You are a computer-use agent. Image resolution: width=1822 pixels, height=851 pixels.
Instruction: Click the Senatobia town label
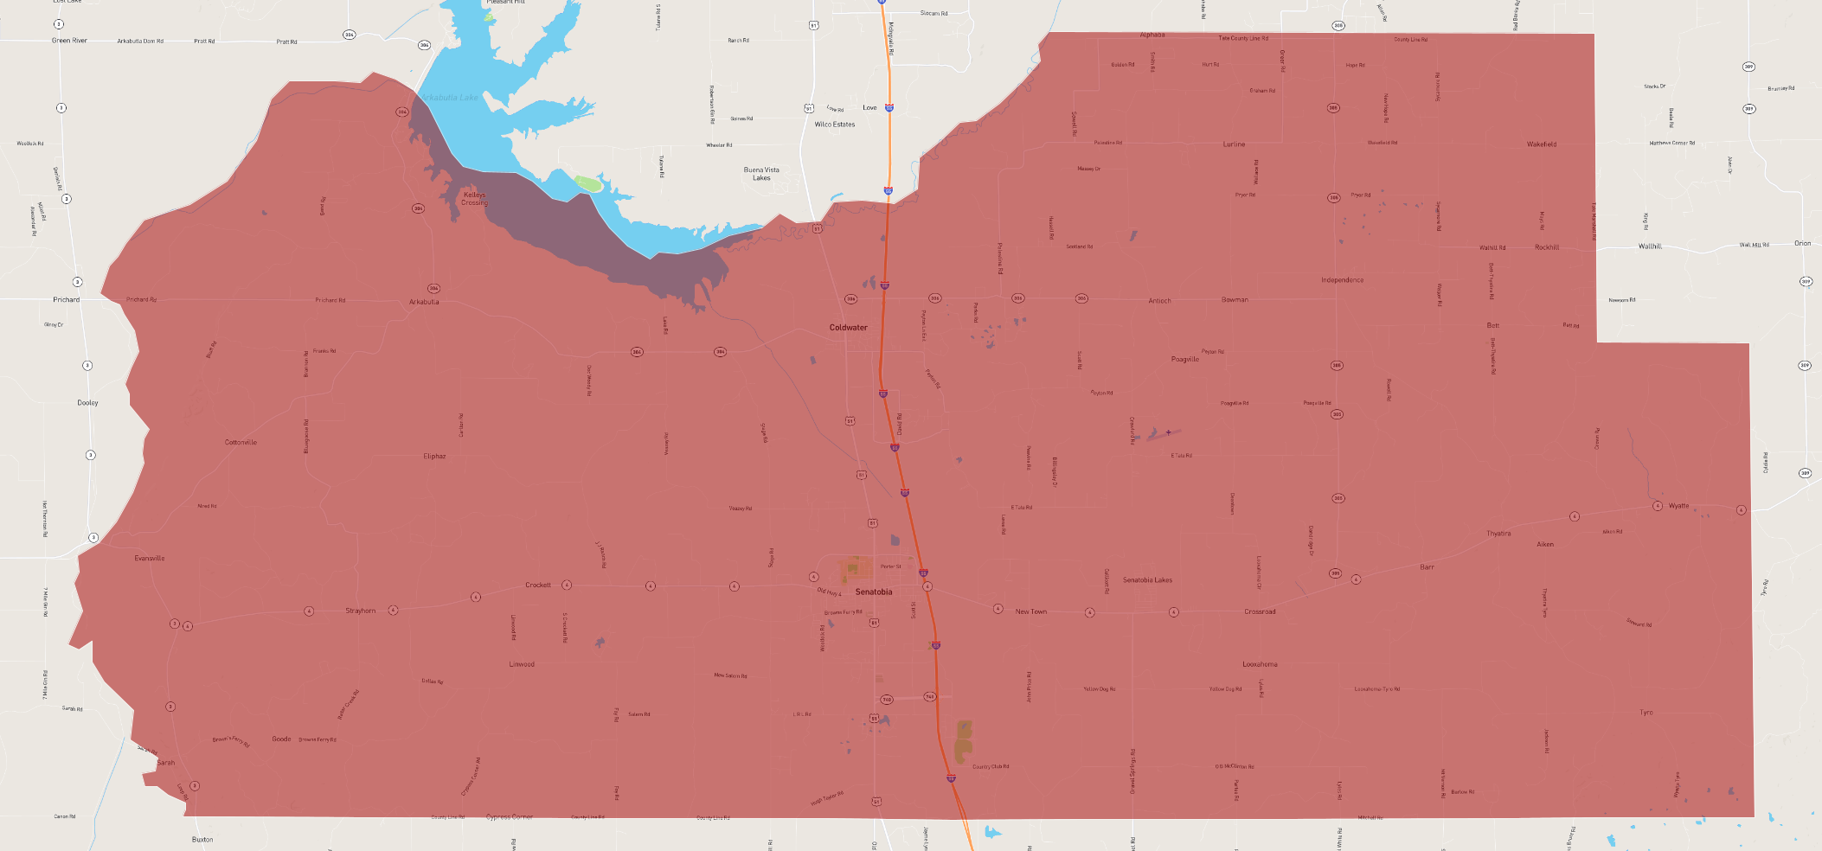(873, 592)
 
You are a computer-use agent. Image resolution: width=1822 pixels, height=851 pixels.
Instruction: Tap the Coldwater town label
(848, 328)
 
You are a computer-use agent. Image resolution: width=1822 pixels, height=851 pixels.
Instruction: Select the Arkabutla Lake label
(450, 98)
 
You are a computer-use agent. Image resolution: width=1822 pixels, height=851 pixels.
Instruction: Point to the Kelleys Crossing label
(474, 199)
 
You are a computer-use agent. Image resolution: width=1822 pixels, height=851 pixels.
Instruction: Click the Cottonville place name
(241, 443)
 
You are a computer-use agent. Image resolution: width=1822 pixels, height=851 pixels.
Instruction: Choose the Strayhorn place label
(361, 611)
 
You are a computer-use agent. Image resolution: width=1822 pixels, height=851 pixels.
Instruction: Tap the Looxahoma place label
(1260, 664)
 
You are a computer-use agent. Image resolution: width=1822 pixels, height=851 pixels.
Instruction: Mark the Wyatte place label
(1678, 506)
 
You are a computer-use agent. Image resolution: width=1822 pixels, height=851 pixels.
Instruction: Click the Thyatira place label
(1498, 534)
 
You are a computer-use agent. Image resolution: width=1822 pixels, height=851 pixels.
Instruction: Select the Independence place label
(1342, 280)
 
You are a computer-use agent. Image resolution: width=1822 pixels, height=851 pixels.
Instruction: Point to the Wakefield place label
(1541, 144)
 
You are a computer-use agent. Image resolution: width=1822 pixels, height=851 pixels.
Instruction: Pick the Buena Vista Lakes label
(761, 174)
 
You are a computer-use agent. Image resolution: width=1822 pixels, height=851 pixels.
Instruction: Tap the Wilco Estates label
(834, 125)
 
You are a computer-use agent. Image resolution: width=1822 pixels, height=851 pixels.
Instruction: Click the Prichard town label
(66, 300)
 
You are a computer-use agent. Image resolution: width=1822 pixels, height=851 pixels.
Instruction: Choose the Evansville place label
(149, 559)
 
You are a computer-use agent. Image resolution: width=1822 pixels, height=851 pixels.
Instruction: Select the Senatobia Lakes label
(1147, 580)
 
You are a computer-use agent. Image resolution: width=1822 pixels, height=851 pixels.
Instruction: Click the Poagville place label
(1184, 359)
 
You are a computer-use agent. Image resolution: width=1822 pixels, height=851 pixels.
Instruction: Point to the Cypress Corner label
(510, 817)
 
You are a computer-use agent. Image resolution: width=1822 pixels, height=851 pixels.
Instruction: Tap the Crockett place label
(537, 585)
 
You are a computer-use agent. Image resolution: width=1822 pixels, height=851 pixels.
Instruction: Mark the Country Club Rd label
(990, 767)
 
